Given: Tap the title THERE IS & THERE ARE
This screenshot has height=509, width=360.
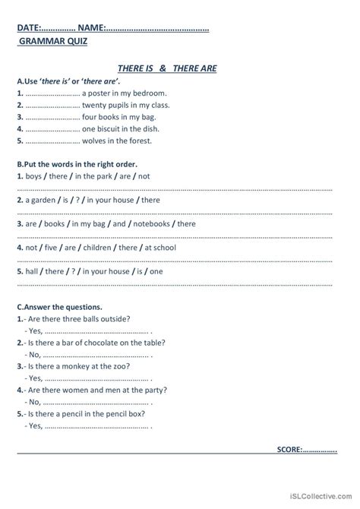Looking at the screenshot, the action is [168, 68].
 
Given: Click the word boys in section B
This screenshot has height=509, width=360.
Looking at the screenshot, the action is [33, 176].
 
